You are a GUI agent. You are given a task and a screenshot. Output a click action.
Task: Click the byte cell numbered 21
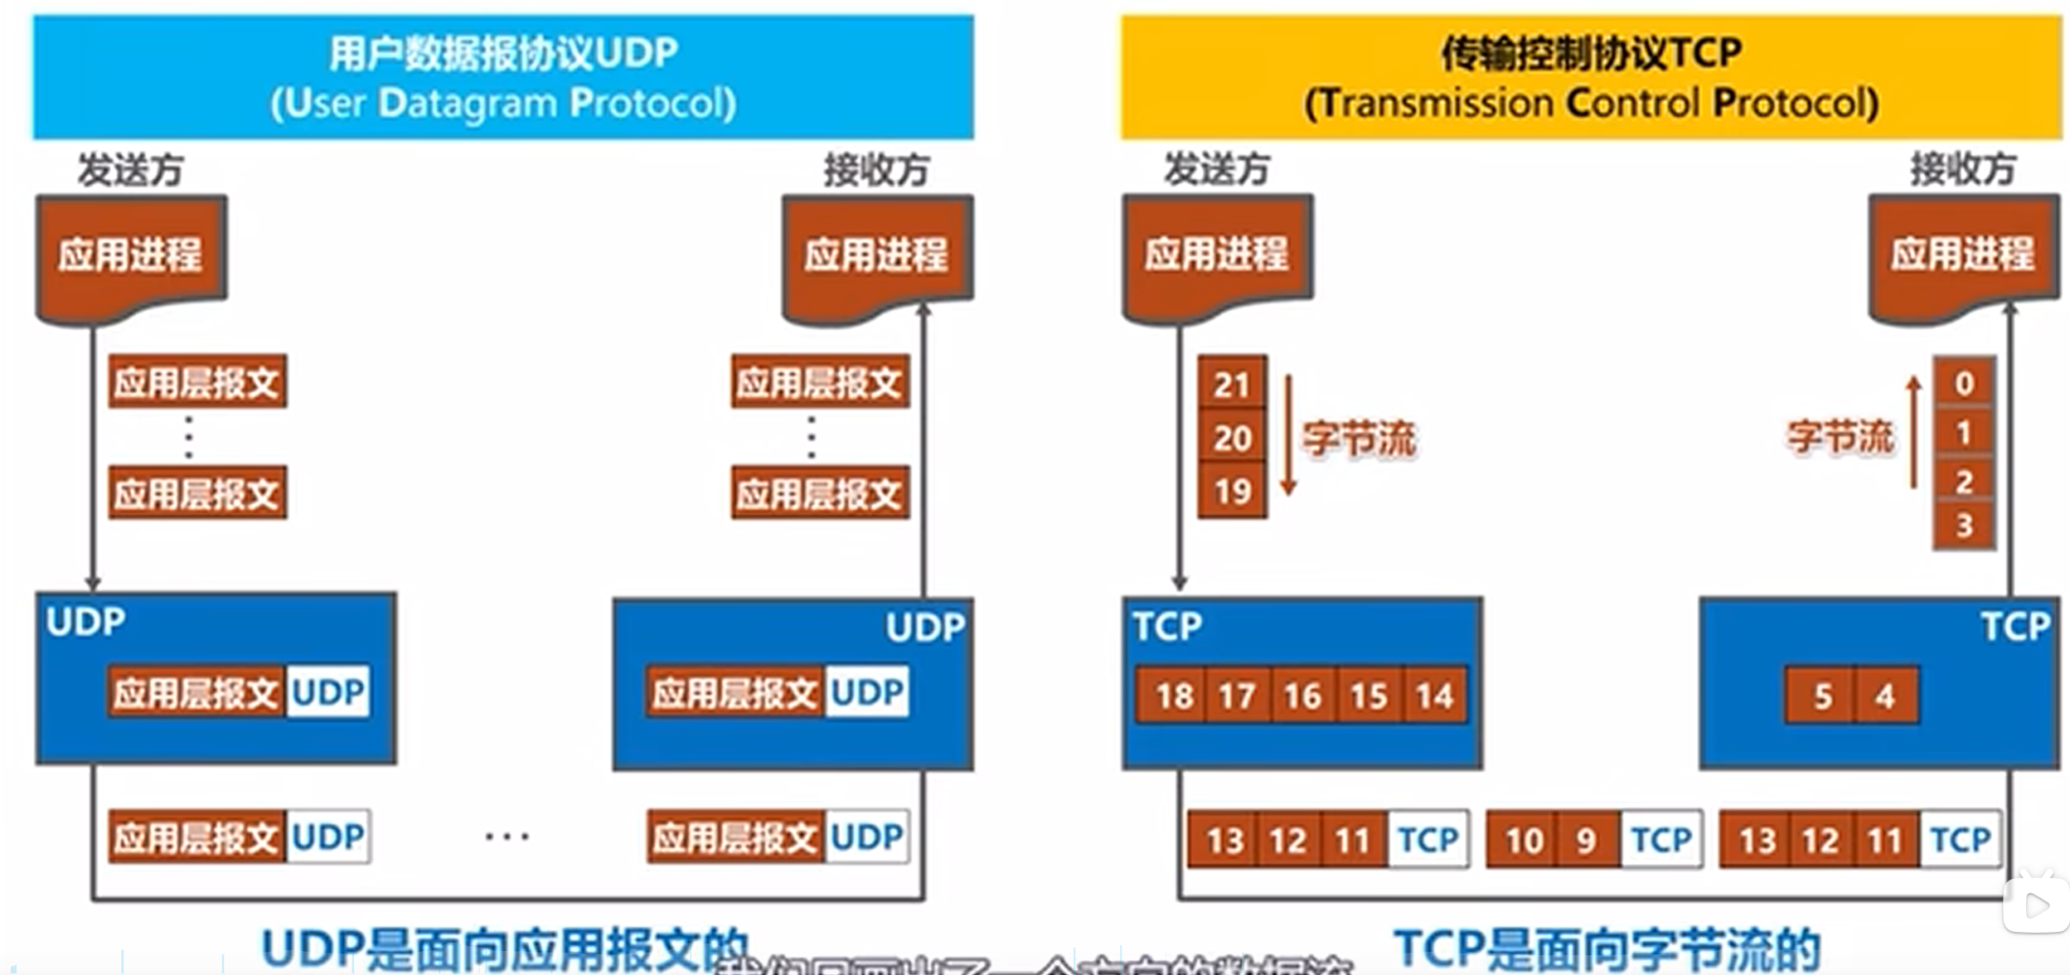pyautogui.click(x=1232, y=384)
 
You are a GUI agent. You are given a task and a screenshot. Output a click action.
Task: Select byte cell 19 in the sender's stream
pyautogui.click(x=1232, y=492)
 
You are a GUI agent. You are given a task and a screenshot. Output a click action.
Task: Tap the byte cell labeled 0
pyautogui.click(x=1964, y=383)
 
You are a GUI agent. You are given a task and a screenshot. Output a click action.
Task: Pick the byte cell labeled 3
pyautogui.click(x=1964, y=526)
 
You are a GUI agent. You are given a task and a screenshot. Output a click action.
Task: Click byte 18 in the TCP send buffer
pyautogui.click(x=1174, y=696)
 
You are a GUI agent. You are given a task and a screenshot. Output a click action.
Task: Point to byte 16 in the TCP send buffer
pyautogui.click(x=1302, y=696)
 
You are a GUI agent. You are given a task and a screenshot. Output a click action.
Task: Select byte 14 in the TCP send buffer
pyautogui.click(x=1434, y=696)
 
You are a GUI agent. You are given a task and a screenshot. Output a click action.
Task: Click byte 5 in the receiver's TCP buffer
pyautogui.click(x=1822, y=696)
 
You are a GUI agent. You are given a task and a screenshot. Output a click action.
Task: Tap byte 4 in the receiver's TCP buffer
pyautogui.click(x=1884, y=696)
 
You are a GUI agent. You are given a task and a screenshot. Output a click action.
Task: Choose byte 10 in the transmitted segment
pyautogui.click(x=1524, y=840)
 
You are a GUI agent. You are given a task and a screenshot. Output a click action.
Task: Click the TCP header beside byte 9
pyautogui.click(x=1660, y=840)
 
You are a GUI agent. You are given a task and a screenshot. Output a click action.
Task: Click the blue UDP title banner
pyautogui.click(x=503, y=77)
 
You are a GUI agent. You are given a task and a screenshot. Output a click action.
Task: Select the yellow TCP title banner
pyautogui.click(x=1591, y=77)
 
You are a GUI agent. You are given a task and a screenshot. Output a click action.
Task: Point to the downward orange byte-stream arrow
pyautogui.click(x=1288, y=436)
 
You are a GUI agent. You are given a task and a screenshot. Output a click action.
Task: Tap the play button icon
pyautogui.click(x=2035, y=905)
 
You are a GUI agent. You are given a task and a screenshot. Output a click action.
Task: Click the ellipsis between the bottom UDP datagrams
pyautogui.click(x=507, y=837)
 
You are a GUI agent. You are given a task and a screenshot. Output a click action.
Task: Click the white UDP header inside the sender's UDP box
pyautogui.click(x=328, y=691)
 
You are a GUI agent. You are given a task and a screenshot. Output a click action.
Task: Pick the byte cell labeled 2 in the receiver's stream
pyautogui.click(x=1964, y=481)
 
